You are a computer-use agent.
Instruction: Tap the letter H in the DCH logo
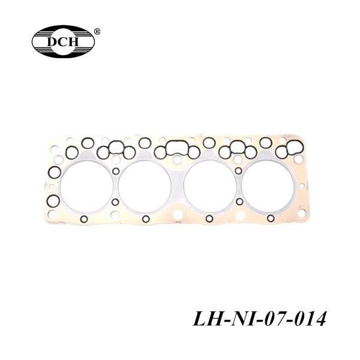pos(73,41)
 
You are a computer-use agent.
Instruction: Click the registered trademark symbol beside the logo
pos(97,31)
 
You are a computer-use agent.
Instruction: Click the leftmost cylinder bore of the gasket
pos(86,187)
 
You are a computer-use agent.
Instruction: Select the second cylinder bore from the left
pos(145,187)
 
